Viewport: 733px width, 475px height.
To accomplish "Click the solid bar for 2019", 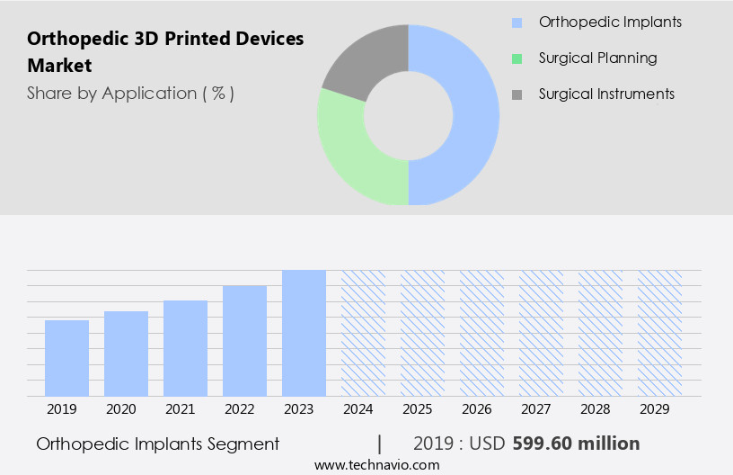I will click(x=66, y=358).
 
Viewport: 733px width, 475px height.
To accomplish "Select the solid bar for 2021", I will click(x=185, y=348).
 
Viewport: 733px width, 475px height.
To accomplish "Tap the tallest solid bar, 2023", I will click(x=304, y=333).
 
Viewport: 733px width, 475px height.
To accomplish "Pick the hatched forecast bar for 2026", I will click(x=481, y=333).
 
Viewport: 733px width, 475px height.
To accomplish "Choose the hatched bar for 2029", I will click(x=659, y=333).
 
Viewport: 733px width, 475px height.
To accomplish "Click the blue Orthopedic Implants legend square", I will click(x=517, y=22).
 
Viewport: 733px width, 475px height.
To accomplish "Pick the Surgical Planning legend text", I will click(x=597, y=58).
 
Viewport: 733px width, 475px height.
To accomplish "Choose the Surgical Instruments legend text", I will click(x=606, y=94).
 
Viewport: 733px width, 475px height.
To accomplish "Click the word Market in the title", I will click(x=59, y=66).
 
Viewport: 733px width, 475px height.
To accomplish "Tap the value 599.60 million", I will click(x=576, y=444).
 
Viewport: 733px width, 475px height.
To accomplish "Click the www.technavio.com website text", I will click(x=376, y=465).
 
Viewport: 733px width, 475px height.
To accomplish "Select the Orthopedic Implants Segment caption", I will click(x=158, y=444).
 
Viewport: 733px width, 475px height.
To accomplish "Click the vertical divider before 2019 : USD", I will click(x=380, y=444).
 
